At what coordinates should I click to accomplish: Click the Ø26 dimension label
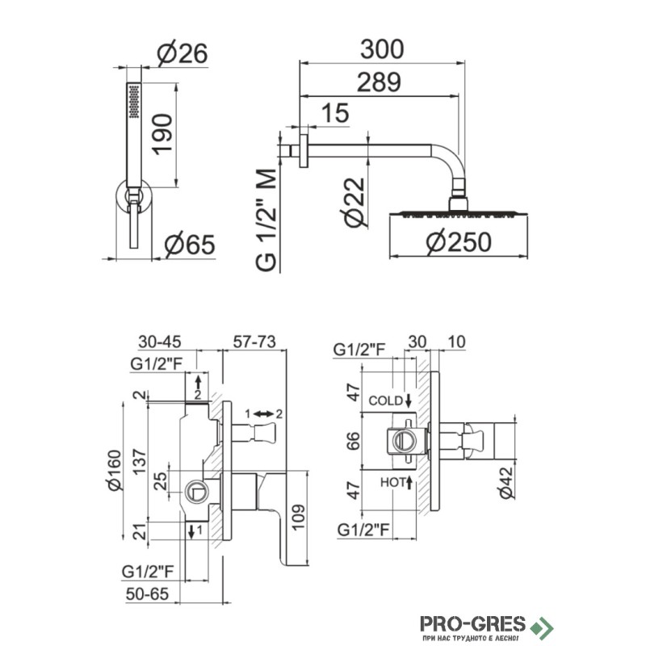click(x=182, y=52)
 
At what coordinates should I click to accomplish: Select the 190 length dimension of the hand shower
click(x=162, y=135)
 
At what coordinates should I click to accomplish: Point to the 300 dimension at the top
click(x=382, y=49)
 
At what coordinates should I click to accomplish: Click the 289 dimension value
click(x=379, y=82)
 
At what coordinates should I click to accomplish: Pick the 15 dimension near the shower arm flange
click(x=335, y=113)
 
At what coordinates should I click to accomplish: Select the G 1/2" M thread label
click(x=266, y=220)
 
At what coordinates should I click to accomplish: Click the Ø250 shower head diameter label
click(x=459, y=241)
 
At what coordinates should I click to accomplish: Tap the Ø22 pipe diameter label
click(x=353, y=203)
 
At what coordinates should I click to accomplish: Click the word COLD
click(x=385, y=401)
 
